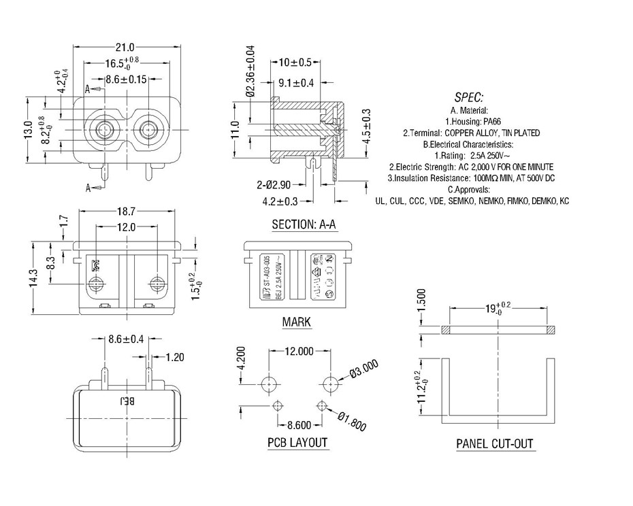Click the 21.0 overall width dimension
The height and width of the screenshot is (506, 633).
point(125,48)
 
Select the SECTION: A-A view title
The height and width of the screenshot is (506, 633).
point(304,224)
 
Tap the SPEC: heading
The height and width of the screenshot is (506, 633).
point(468,97)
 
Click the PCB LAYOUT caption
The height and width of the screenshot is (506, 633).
point(297,443)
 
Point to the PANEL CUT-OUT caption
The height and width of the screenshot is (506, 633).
point(495,444)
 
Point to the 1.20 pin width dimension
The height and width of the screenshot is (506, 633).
point(175,356)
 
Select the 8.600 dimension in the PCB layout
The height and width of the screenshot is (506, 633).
point(299,424)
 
